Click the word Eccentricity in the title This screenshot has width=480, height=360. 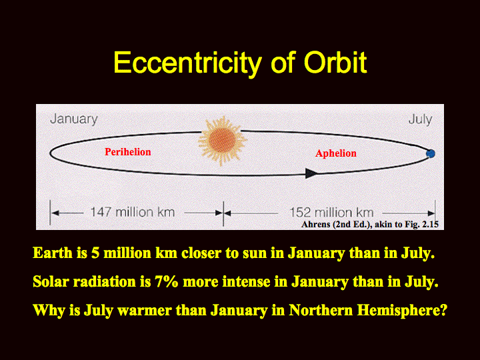187,63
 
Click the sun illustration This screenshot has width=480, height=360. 222,141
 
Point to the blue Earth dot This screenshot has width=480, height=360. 431,153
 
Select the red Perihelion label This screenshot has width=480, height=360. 127,152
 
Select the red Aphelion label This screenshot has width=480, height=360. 336,153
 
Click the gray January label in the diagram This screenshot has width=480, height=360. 74,119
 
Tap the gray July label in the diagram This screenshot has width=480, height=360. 420,119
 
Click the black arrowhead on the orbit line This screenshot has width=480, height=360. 312,173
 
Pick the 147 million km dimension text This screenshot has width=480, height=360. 133,212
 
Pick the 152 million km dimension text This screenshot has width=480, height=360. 331,213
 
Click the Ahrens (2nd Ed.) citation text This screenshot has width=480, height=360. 370,225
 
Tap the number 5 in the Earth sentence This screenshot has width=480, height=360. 95,253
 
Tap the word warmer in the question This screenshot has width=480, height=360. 145,311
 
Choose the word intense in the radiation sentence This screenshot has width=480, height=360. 246,281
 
